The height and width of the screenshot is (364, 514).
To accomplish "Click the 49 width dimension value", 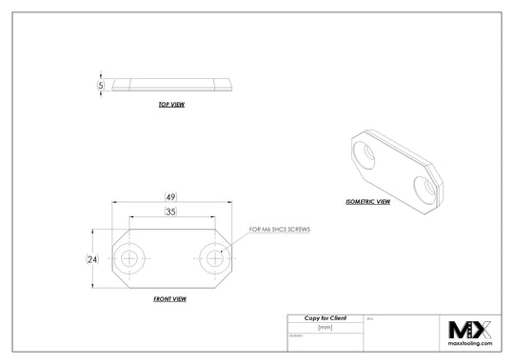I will point(169,197).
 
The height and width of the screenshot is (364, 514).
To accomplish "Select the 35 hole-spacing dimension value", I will point(169,212).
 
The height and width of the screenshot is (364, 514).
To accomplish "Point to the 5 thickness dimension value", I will point(101,85).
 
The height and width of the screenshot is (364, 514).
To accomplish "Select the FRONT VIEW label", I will point(169,299).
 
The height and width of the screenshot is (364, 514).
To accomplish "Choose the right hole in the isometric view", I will point(425,186).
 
